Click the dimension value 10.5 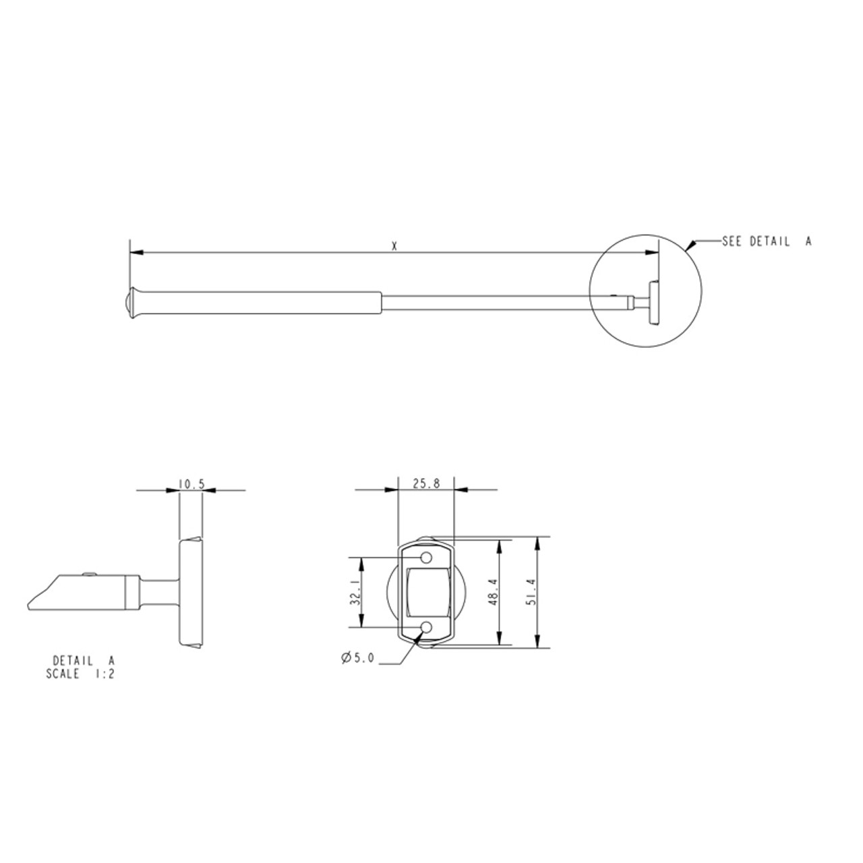[x=191, y=483]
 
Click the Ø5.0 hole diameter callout [x=357, y=659]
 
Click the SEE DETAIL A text [x=766, y=241]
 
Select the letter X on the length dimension [x=394, y=247]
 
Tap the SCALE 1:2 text [x=80, y=674]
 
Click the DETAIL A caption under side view [x=84, y=661]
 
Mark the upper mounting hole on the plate [x=426, y=558]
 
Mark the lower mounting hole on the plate [x=426, y=628]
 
